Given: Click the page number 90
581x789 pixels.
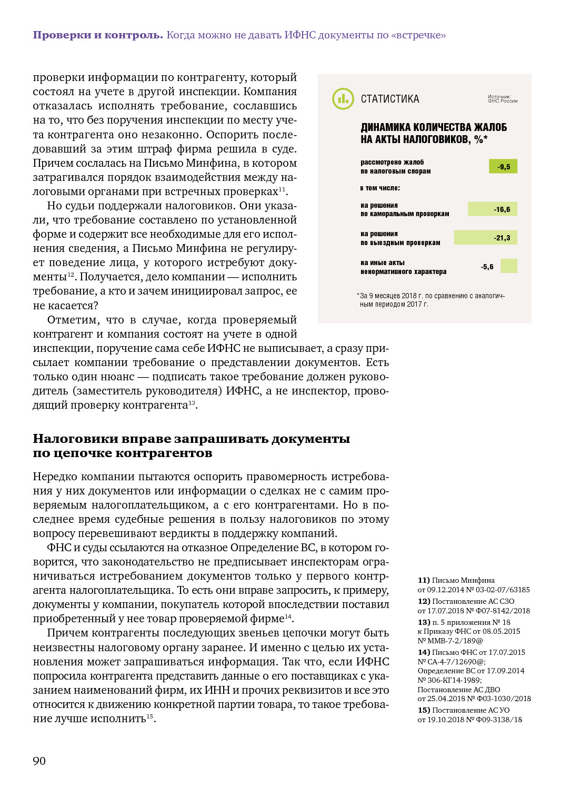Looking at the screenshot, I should [x=39, y=761].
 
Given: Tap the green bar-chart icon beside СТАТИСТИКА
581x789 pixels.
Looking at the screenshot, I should [x=343, y=99].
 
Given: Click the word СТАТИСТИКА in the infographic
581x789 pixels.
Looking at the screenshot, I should [x=390, y=99].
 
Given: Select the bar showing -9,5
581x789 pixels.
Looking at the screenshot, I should [x=503, y=167].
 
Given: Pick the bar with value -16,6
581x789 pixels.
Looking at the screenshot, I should [x=493, y=209].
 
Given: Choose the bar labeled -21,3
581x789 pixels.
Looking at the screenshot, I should [x=486, y=238].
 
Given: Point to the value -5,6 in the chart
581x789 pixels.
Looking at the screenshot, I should [x=487, y=267].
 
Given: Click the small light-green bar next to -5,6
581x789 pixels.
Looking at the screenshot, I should [x=509, y=266].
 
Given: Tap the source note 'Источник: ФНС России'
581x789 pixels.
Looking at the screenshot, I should [x=502, y=99].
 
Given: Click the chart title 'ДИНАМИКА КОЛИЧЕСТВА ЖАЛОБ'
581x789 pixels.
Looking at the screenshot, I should [x=434, y=127].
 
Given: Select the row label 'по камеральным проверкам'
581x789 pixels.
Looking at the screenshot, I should [x=405, y=214].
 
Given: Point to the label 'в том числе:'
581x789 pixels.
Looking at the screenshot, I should [x=380, y=188].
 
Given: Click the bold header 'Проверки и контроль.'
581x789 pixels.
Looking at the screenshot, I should [x=98, y=35].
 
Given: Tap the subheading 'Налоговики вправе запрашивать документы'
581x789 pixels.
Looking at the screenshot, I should [x=191, y=439].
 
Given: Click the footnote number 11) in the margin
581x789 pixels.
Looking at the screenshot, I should [x=424, y=580].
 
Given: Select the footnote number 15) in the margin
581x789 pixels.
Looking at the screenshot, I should [x=424, y=710].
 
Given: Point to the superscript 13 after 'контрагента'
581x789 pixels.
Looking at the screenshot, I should [x=192, y=403].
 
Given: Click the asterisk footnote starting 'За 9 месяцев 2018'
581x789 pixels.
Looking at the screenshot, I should [x=430, y=300].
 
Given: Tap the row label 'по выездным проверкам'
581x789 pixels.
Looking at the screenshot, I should [x=400, y=242].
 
